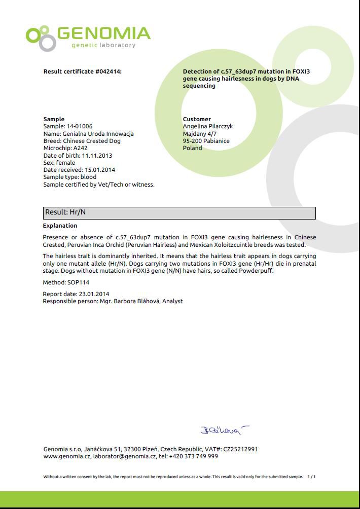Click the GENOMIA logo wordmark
pos(103,34)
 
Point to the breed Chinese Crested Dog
pos(92,141)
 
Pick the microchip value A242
pos(81,149)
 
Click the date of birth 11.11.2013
pos(97,156)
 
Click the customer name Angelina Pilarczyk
pos(208,126)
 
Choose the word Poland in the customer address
pos(193,148)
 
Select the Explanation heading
pos(60,226)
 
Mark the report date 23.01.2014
pos(94,294)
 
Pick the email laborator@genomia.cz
pos(125,456)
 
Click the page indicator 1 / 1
pos(311,477)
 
